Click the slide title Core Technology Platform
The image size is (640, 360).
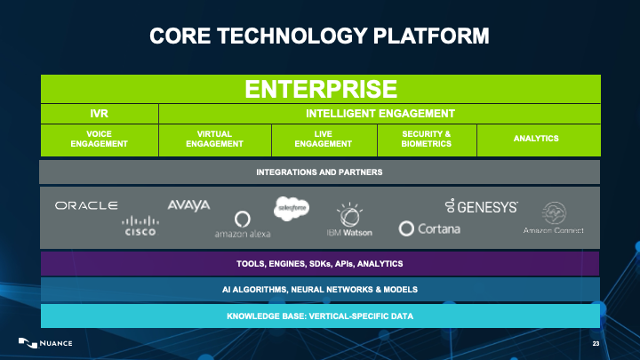point(320,36)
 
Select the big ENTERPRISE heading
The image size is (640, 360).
point(320,89)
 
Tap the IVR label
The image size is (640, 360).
point(100,113)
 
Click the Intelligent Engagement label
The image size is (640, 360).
point(380,113)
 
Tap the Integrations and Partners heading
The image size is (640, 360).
point(320,172)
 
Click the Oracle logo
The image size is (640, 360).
point(86,205)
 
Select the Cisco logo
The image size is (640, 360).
point(140,226)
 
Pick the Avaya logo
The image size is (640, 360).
point(188,205)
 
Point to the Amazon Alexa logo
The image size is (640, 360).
point(242,224)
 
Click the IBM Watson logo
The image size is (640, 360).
point(348,222)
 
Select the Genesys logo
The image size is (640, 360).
point(481,206)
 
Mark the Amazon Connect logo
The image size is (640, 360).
point(553,220)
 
